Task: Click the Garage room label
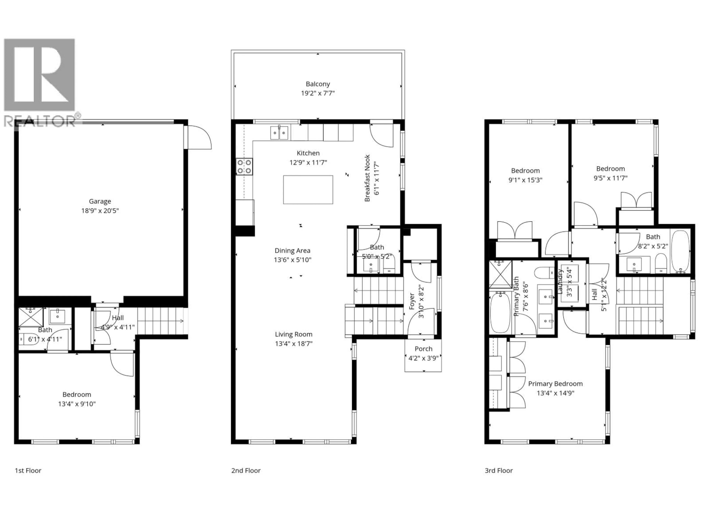tap(100, 201)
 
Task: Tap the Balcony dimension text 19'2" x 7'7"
tap(318, 93)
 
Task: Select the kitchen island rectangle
tap(308, 190)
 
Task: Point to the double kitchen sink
tap(279, 133)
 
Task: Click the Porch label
tap(423, 349)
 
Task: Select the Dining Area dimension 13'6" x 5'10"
tap(292, 260)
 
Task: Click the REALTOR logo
tap(40, 82)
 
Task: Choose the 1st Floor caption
tap(28, 470)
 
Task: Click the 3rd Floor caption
tap(499, 470)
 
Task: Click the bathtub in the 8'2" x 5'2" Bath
tap(680, 251)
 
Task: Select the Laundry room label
tap(560, 282)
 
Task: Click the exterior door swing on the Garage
tap(199, 137)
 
